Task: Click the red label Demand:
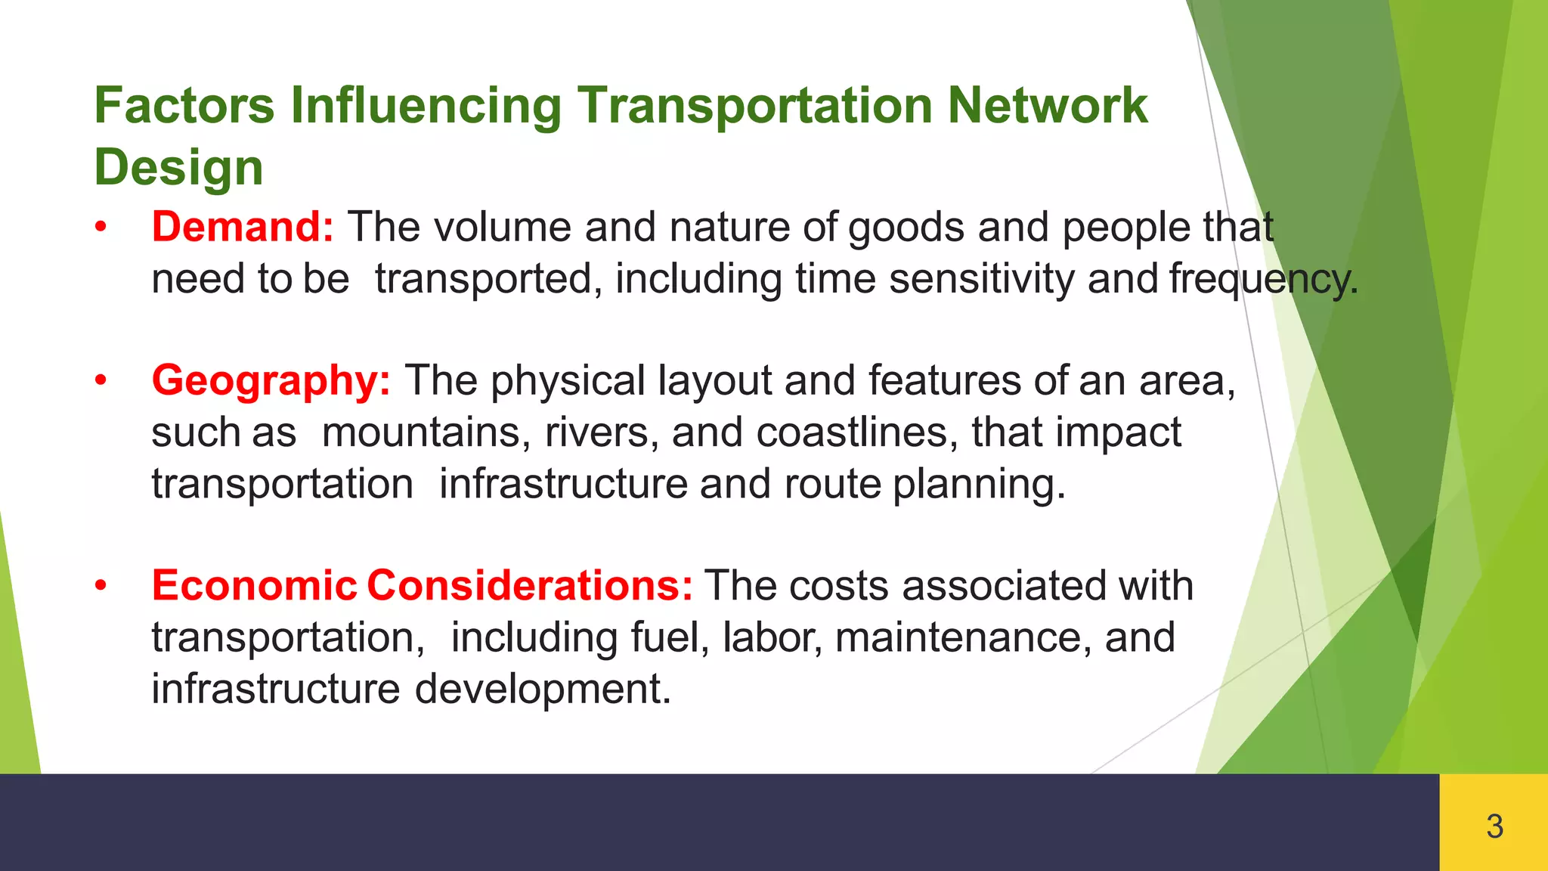(243, 227)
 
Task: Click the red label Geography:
(271, 380)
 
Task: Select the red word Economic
(254, 585)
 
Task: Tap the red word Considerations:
(530, 585)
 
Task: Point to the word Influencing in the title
(426, 106)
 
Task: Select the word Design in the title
(178, 167)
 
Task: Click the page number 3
(1494, 826)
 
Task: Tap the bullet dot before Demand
(101, 227)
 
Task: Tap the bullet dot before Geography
(101, 380)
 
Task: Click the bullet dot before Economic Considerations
(101, 585)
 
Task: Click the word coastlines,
(857, 432)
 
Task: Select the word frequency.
(1264, 280)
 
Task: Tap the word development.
(542, 689)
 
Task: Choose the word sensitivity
(981, 279)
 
